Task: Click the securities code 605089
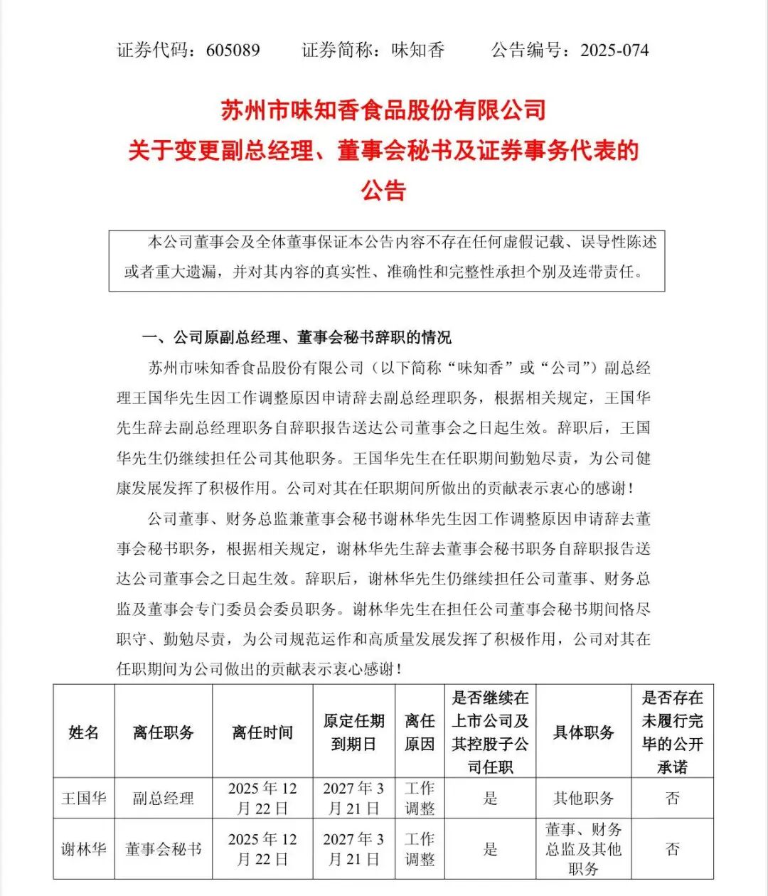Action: point(233,50)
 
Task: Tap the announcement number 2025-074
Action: point(614,50)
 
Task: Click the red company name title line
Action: point(383,110)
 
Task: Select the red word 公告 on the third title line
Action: point(383,191)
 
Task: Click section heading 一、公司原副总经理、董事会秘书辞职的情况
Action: point(297,337)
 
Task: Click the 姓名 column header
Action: point(84,732)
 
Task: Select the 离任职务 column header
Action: point(163,732)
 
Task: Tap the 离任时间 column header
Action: point(262,732)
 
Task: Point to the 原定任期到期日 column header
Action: point(353,732)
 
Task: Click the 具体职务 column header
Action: point(583,732)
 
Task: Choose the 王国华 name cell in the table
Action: point(84,798)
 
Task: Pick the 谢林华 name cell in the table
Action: point(84,849)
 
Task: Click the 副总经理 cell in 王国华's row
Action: point(163,798)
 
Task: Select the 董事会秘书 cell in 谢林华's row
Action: point(163,849)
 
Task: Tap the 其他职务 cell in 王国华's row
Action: point(583,798)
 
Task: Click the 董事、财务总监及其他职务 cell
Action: point(583,849)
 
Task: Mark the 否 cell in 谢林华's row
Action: point(672,849)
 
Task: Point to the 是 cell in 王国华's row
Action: point(490,798)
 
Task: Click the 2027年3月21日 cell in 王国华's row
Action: point(353,798)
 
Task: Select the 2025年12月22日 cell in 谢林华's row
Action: point(262,849)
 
